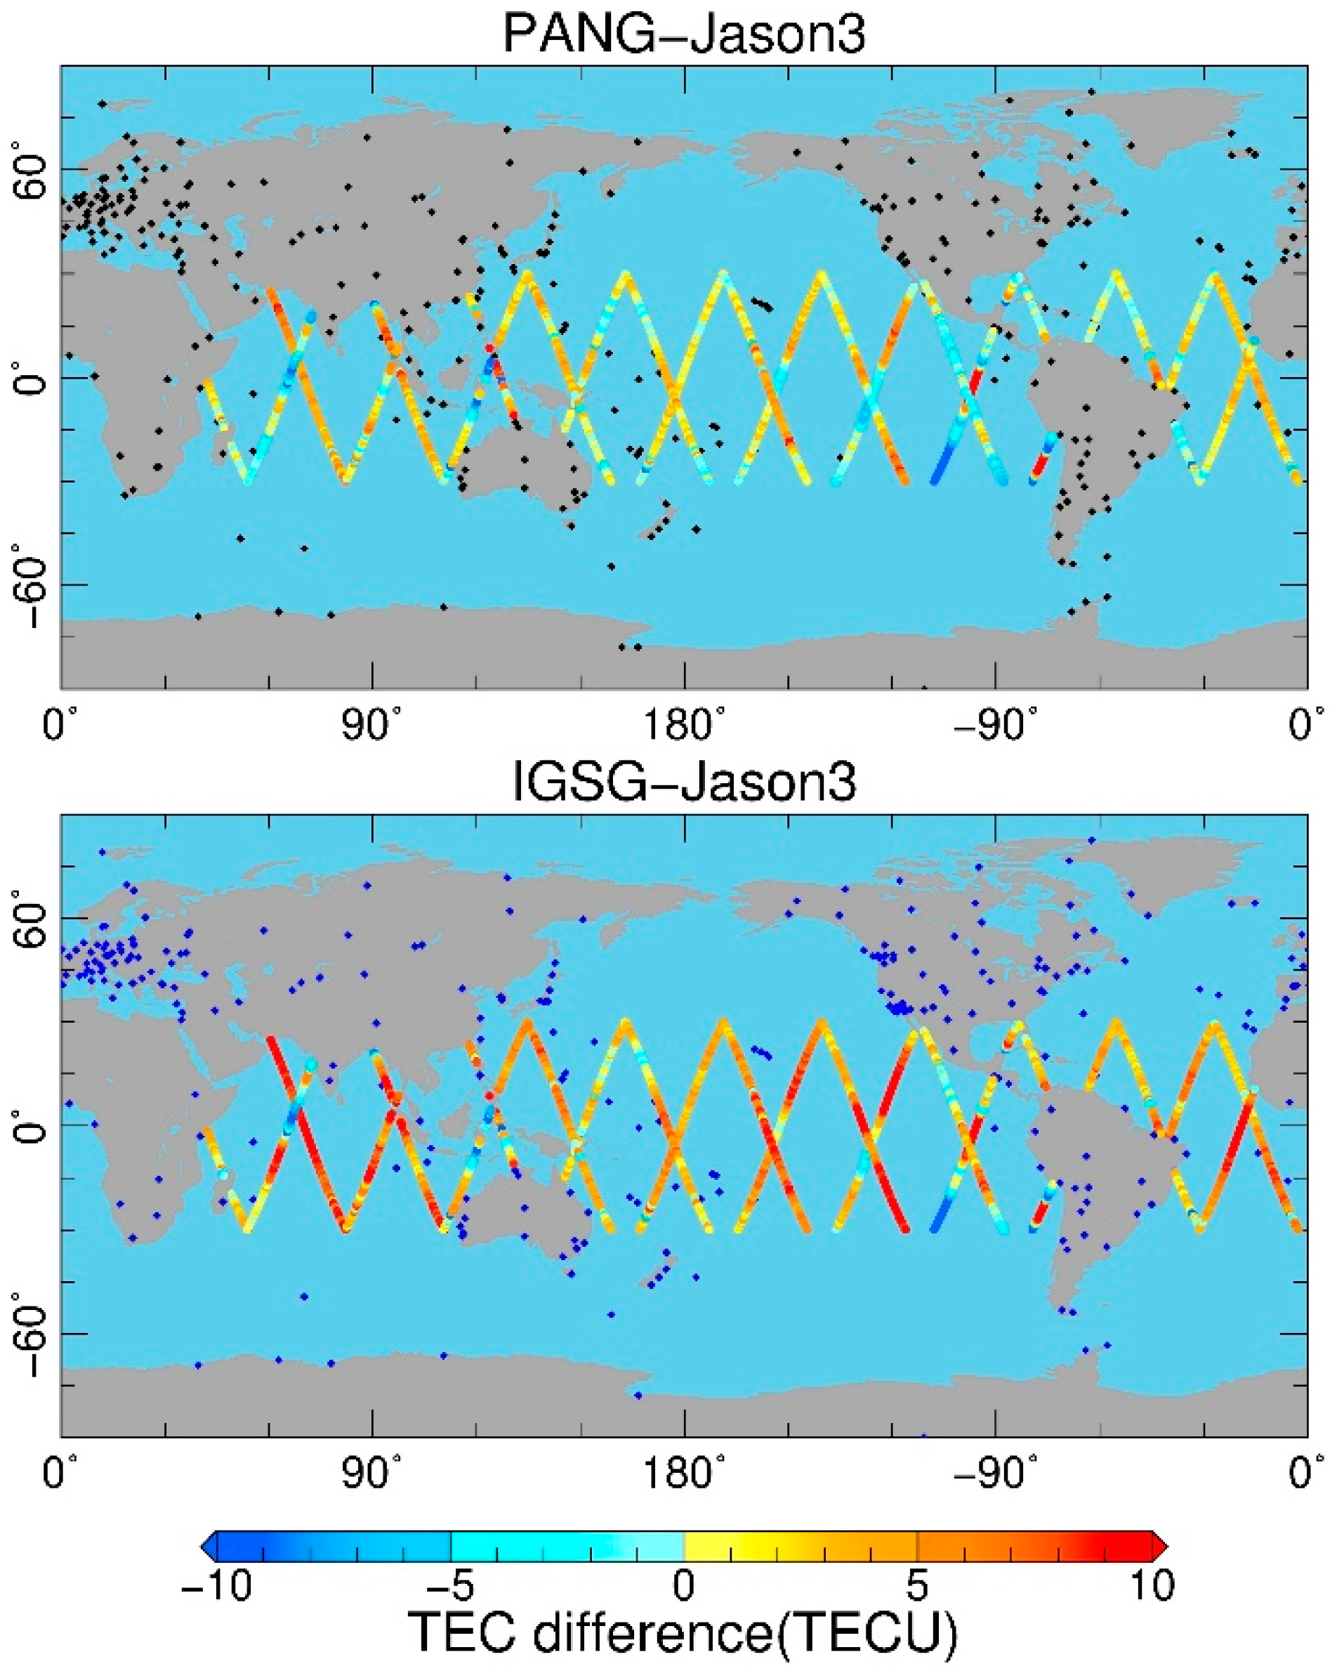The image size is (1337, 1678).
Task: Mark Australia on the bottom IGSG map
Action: (529, 1218)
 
